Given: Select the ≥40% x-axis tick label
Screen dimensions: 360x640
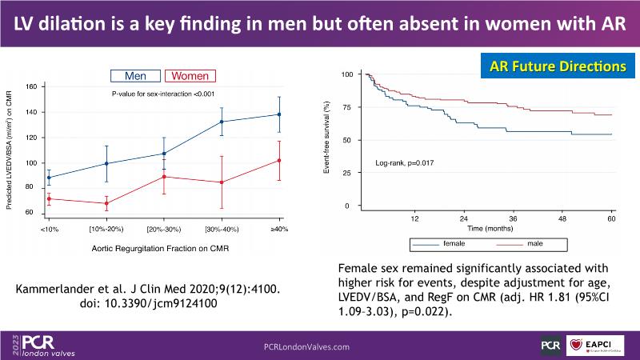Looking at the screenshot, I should pyautogui.click(x=281, y=229).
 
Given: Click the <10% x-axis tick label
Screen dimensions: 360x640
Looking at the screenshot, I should pyautogui.click(x=49, y=229).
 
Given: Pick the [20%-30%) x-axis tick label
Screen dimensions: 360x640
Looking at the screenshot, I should pyautogui.click(x=164, y=229).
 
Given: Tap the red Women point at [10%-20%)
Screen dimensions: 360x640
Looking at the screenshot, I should pyautogui.click(x=106, y=203).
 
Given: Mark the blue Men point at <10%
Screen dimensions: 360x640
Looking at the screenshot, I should pyautogui.click(x=49, y=178).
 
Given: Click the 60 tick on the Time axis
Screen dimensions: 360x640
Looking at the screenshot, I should pyautogui.click(x=611, y=218).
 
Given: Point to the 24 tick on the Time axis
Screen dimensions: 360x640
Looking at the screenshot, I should pyautogui.click(x=464, y=218).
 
